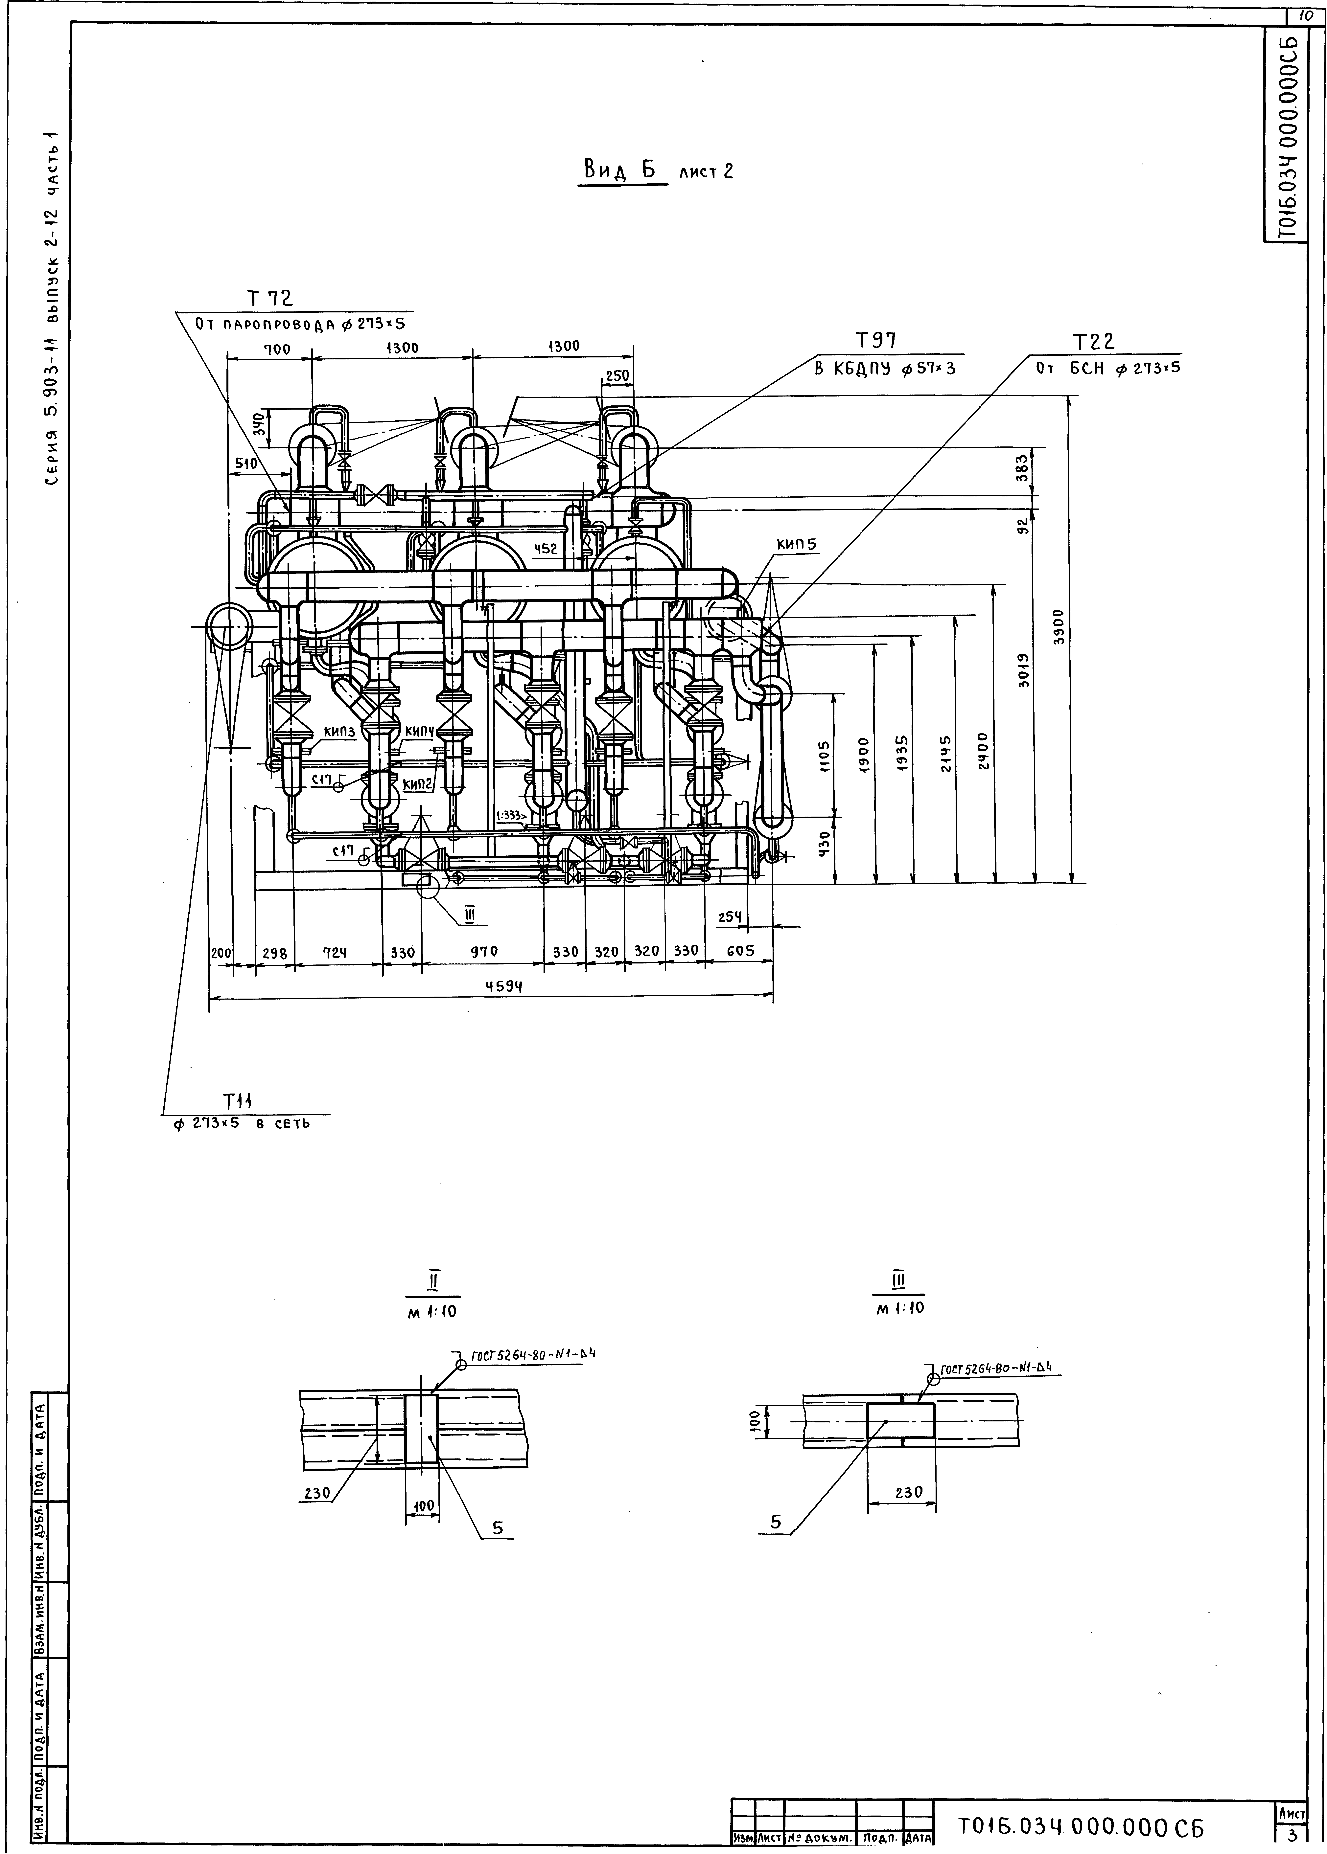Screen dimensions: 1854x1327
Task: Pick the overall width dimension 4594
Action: point(504,986)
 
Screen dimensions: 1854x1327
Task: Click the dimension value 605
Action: point(739,952)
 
